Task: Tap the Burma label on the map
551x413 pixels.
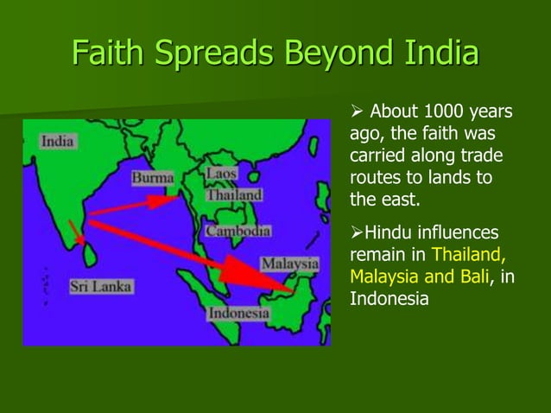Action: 152,178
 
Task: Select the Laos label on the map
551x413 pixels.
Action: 221,174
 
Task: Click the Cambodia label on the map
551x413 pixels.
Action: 237,232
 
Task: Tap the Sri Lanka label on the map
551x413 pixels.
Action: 101,285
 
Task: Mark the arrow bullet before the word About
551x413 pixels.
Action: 356,113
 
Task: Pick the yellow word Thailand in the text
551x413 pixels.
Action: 467,256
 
